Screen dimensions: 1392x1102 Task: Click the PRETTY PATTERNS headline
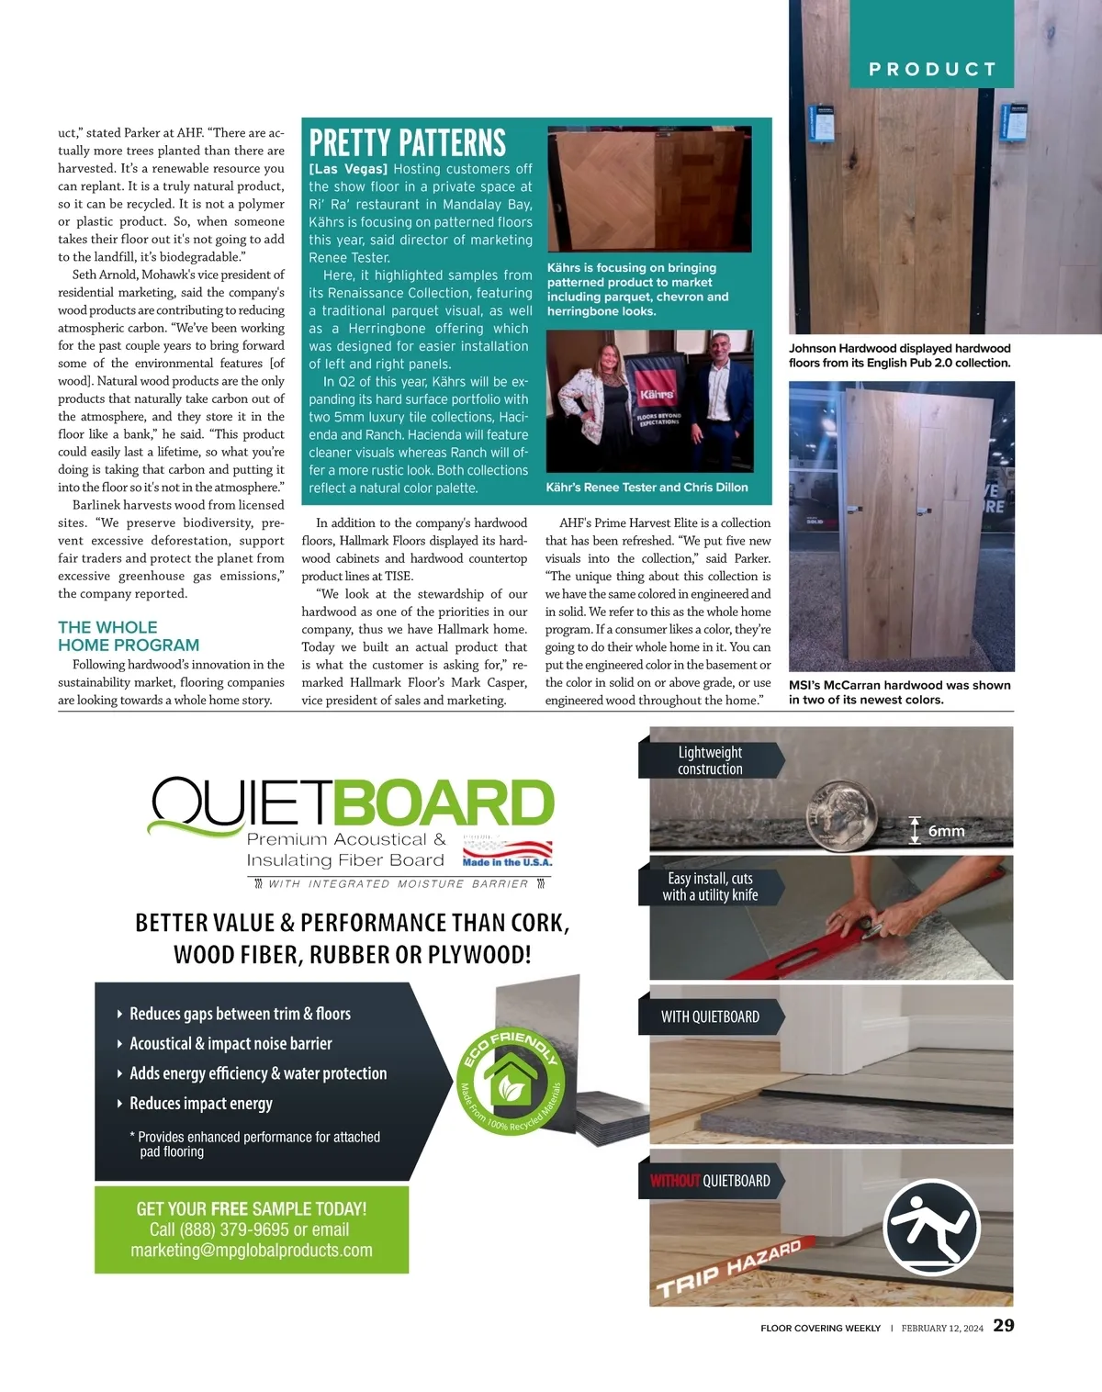tap(407, 143)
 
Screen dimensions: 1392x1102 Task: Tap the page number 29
tap(1004, 1325)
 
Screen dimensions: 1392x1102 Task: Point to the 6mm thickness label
tap(946, 831)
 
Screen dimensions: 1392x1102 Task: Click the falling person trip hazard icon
tap(931, 1227)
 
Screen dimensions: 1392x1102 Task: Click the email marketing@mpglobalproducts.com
tap(252, 1251)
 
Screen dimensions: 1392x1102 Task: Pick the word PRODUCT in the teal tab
tap(932, 69)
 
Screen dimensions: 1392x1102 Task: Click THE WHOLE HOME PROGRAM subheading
tap(129, 635)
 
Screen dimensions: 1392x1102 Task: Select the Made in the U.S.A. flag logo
tap(507, 851)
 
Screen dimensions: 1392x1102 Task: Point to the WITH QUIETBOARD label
tap(710, 1016)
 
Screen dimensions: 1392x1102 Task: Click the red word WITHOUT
tap(674, 1181)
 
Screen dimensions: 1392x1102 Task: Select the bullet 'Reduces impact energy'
tap(200, 1103)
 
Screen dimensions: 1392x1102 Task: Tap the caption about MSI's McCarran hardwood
tap(899, 692)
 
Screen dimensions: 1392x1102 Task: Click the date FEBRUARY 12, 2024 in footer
tap(941, 1328)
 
